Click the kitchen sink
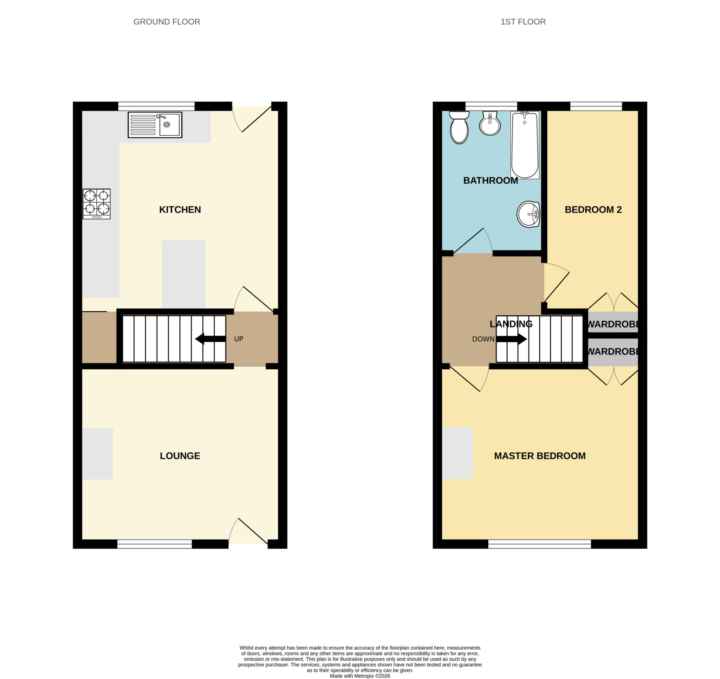pyautogui.click(x=155, y=125)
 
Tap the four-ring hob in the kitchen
pyautogui.click(x=96, y=203)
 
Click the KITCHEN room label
pyautogui.click(x=180, y=210)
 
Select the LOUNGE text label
pyautogui.click(x=180, y=455)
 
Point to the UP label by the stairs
pyautogui.click(x=238, y=339)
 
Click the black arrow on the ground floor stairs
pyautogui.click(x=211, y=339)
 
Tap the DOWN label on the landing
pyautogui.click(x=483, y=339)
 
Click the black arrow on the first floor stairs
pyautogui.click(x=511, y=339)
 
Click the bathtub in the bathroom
pyautogui.click(x=525, y=145)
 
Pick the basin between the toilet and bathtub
pyautogui.click(x=490, y=124)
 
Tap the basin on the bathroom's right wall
pyautogui.click(x=528, y=214)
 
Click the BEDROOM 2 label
pyautogui.click(x=593, y=210)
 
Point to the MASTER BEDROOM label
pyautogui.click(x=540, y=455)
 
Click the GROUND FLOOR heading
pyautogui.click(x=167, y=22)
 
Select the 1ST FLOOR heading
pyautogui.click(x=523, y=22)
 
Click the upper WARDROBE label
pyautogui.click(x=612, y=324)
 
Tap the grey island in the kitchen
pyautogui.click(x=184, y=274)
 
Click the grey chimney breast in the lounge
pyautogui.click(x=97, y=454)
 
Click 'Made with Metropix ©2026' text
pyautogui.click(x=360, y=676)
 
